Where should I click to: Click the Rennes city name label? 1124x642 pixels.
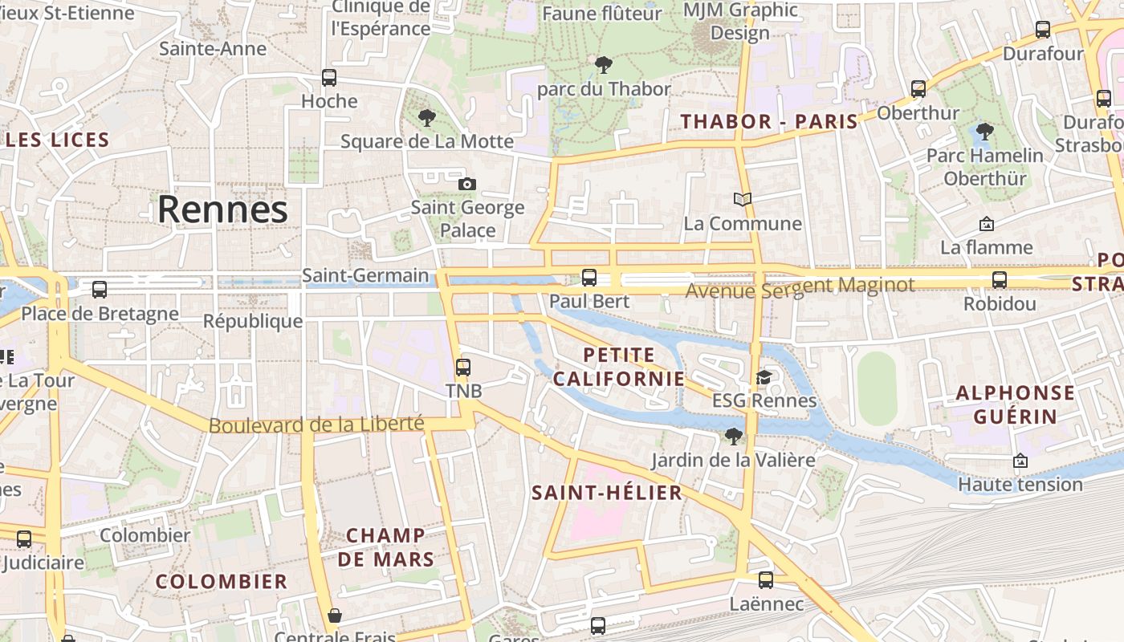click(222, 209)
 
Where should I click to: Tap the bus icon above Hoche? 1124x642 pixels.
click(329, 78)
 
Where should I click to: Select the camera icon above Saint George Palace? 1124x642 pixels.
click(467, 185)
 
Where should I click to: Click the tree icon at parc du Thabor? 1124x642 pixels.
click(604, 65)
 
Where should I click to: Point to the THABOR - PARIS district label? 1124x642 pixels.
click(769, 122)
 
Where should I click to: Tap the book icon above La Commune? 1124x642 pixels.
click(743, 199)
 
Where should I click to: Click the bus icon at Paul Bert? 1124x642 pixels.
click(589, 278)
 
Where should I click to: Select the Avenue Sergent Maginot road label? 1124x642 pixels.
click(800, 286)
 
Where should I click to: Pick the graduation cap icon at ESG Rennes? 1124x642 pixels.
click(764, 377)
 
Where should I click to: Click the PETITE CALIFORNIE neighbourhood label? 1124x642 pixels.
click(619, 367)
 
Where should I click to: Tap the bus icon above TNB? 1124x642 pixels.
click(463, 368)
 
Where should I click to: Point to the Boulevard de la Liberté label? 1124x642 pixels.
click(316, 424)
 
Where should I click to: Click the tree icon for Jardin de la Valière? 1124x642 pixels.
click(733, 437)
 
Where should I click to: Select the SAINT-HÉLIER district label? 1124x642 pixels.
click(607, 493)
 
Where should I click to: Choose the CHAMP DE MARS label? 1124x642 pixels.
click(386, 547)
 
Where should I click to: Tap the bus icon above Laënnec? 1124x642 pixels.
click(766, 579)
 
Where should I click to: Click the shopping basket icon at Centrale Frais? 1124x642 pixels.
click(335, 616)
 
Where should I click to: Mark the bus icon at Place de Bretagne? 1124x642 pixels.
click(100, 290)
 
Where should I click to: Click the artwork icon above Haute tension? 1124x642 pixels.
click(1020, 461)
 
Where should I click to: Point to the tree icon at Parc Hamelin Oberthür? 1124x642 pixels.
click(984, 132)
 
